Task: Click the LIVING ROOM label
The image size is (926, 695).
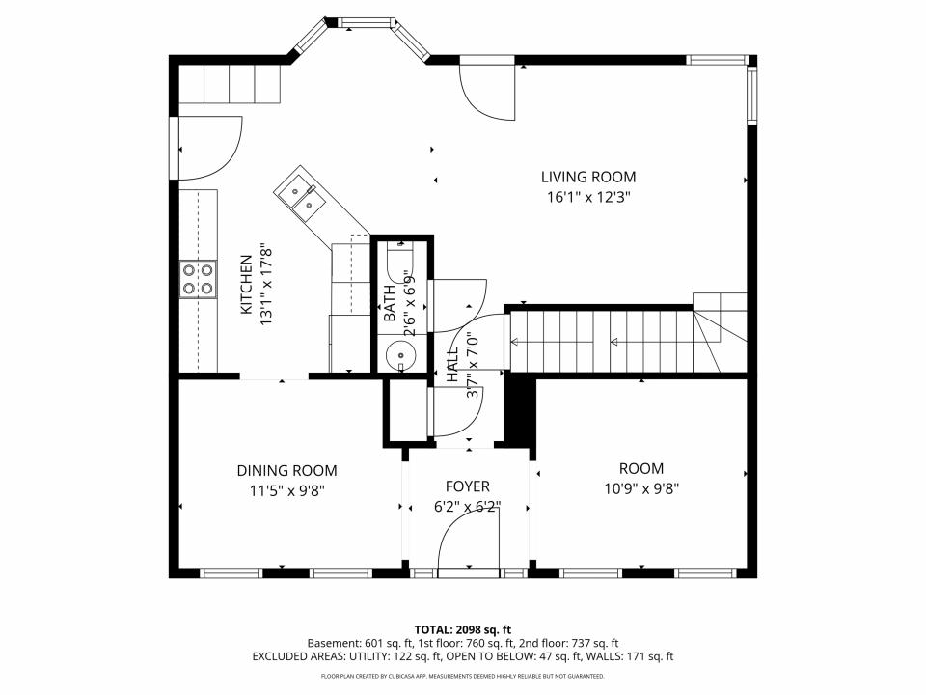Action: [588, 177]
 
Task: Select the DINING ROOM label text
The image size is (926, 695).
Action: [287, 470]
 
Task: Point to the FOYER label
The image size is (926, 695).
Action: [467, 486]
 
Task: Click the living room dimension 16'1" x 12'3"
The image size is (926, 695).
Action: [588, 197]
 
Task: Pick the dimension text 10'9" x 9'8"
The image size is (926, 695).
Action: [641, 488]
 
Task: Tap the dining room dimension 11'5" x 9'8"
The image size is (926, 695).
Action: [287, 490]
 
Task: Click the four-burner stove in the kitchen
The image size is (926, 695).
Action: [198, 280]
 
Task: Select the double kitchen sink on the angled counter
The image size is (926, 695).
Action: [302, 194]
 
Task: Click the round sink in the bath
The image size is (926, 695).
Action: [401, 356]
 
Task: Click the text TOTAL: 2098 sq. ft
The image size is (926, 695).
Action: [462, 629]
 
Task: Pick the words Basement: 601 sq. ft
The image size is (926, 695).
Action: [360, 643]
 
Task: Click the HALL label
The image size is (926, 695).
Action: [452, 365]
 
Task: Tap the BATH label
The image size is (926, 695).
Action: [390, 303]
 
